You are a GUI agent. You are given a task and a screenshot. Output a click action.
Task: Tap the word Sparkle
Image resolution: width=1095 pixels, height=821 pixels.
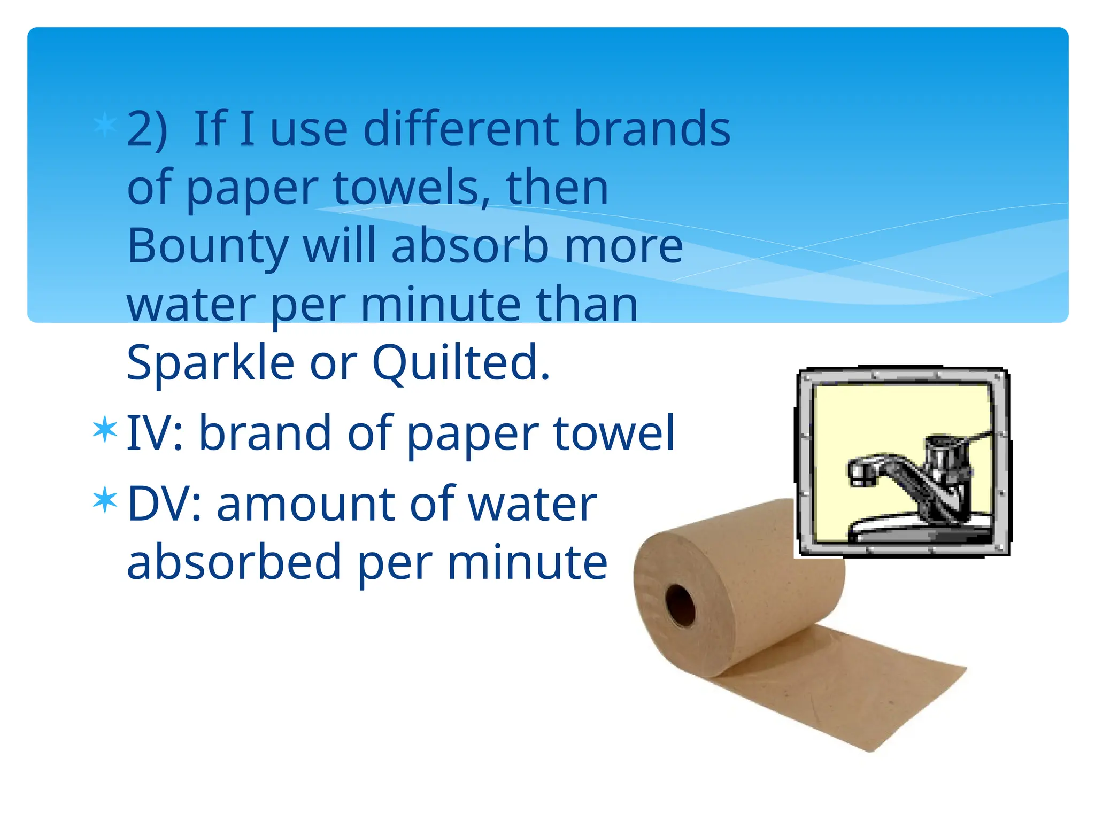(x=210, y=363)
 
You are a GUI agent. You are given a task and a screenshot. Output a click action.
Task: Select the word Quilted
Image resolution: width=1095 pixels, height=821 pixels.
(x=460, y=363)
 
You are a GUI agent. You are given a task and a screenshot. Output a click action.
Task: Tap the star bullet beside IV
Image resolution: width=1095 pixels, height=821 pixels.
(x=105, y=429)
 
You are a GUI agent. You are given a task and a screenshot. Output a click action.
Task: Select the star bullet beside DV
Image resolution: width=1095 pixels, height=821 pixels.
(x=105, y=500)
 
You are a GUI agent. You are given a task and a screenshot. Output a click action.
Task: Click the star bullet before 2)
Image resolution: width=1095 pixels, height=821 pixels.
(x=105, y=126)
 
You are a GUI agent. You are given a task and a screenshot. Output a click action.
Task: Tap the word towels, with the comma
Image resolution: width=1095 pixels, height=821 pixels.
(x=411, y=188)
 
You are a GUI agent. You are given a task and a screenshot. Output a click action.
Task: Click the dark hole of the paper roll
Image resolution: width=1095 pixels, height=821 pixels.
(x=680, y=605)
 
